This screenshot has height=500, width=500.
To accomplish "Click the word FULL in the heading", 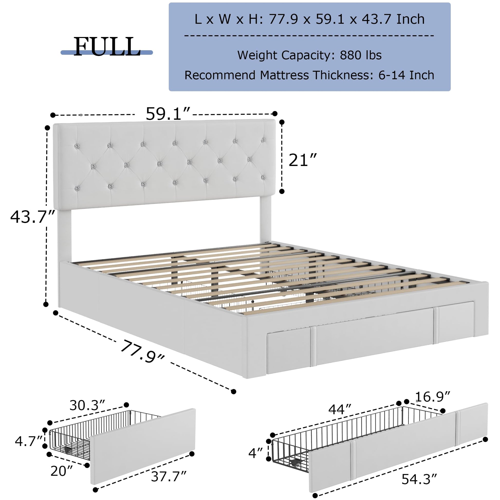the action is (107, 47).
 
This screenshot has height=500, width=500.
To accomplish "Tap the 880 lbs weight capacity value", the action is (360, 55).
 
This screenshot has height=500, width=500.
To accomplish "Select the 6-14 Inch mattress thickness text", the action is (406, 75).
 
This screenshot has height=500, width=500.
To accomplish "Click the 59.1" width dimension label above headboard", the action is (168, 113).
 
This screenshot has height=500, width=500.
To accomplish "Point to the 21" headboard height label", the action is (302, 160).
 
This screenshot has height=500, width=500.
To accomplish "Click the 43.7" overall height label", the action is (32, 217).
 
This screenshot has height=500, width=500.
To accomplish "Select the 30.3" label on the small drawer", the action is (87, 405).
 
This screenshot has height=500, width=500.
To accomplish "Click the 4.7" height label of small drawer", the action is (29, 441).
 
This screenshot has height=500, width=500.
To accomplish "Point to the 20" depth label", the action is (62, 471).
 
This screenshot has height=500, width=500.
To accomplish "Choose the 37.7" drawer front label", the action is (169, 476).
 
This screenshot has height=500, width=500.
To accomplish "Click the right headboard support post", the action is (265, 223).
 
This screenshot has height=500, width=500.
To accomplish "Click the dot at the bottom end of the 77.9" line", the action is (234, 392).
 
